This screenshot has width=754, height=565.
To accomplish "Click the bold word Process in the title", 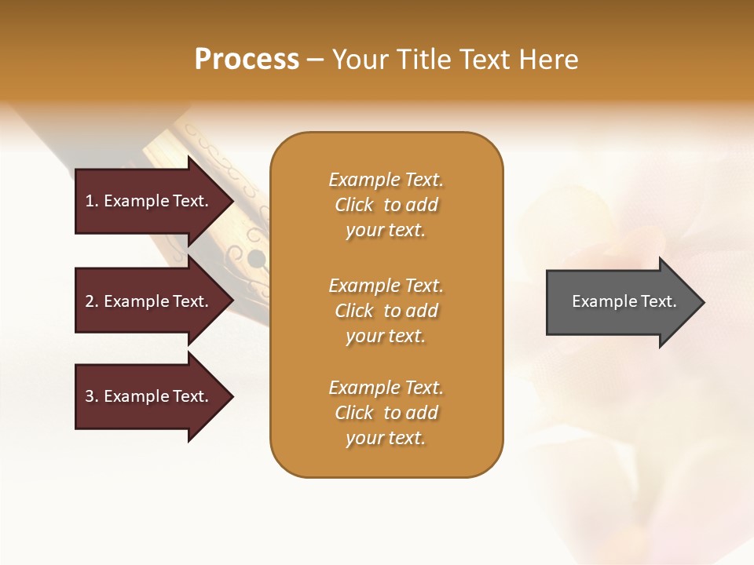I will click(x=247, y=60).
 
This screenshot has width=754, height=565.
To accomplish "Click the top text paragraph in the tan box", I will click(x=386, y=205).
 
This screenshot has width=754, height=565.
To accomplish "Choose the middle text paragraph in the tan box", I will click(x=386, y=310).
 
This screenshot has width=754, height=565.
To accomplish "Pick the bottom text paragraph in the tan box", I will click(x=386, y=413).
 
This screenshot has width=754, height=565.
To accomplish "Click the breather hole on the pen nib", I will click(x=256, y=257).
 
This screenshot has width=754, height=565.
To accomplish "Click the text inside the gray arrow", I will click(x=624, y=301).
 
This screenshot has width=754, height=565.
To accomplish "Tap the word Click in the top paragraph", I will click(x=354, y=205).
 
